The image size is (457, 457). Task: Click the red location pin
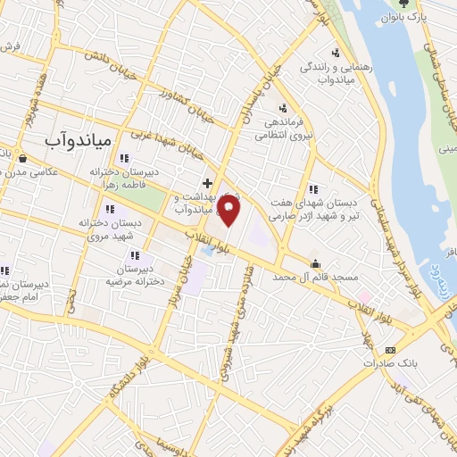[230, 212]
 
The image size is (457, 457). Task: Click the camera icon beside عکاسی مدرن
[21, 160]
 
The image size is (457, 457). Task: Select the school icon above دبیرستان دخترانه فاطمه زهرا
[136, 159]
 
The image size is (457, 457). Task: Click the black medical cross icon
[208, 181]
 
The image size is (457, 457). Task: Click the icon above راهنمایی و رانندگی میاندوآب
[336, 53]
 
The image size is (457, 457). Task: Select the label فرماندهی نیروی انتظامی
[284, 129]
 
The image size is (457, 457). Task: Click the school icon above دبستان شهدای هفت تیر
[312, 189]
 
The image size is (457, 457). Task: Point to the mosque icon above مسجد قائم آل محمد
[316, 262]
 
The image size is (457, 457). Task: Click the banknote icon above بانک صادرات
[389, 349]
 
